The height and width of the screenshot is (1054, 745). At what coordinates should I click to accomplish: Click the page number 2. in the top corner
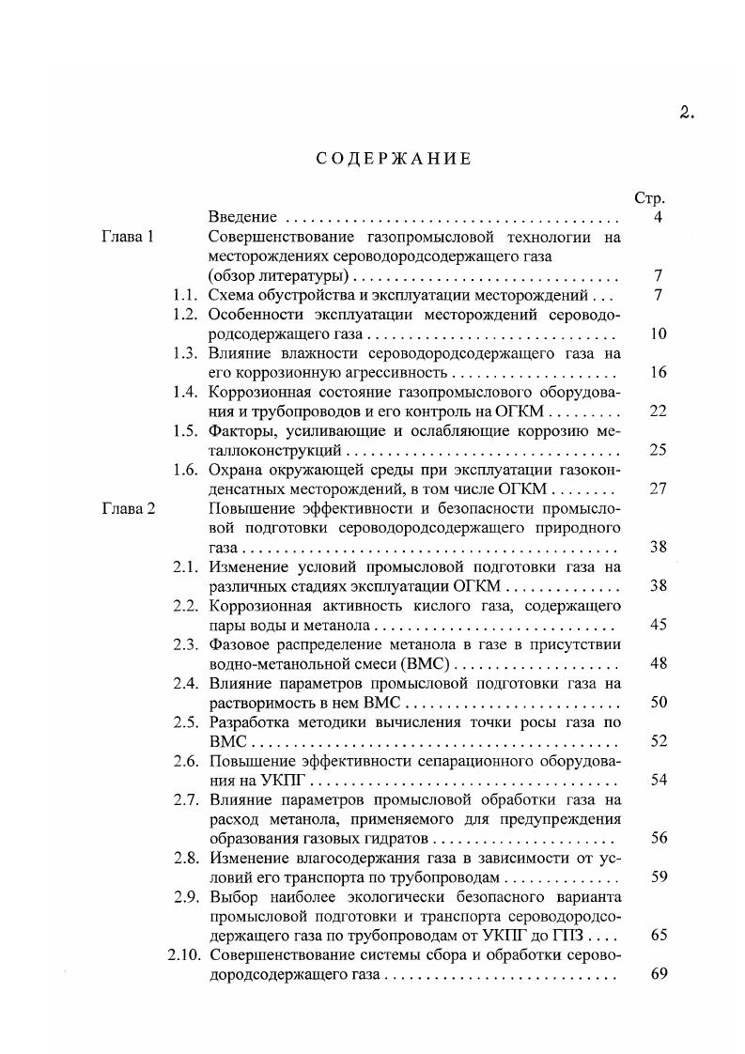(x=686, y=114)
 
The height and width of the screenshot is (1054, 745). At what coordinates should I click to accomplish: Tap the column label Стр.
(x=650, y=199)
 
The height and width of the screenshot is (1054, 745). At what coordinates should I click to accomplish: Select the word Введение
(x=241, y=218)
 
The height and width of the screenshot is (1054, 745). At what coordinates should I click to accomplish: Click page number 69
(x=658, y=974)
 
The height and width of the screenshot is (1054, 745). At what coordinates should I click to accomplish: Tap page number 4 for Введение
(x=659, y=218)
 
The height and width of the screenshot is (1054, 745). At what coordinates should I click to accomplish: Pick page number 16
(x=658, y=373)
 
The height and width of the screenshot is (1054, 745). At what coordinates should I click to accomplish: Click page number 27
(x=658, y=488)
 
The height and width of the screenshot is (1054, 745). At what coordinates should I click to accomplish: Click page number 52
(x=658, y=742)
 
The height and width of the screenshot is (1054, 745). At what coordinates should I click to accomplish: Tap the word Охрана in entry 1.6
(x=234, y=470)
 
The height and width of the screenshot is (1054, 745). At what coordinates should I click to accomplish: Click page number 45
(x=658, y=625)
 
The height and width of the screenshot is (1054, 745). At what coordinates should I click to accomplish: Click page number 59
(x=658, y=877)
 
